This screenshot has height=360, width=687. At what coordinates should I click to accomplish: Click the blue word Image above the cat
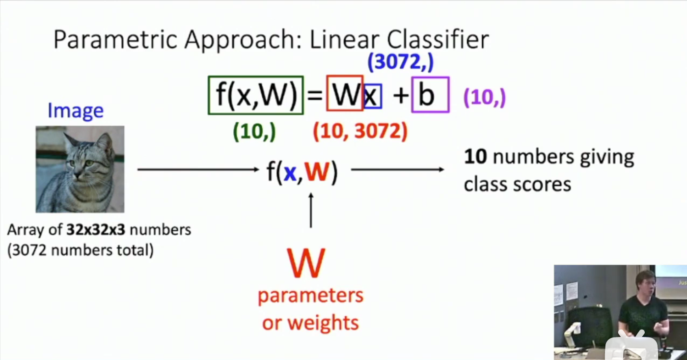75,111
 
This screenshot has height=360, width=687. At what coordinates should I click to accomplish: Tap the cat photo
80,169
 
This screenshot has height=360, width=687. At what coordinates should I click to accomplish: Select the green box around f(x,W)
256,95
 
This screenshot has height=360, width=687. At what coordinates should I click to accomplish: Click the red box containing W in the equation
345,95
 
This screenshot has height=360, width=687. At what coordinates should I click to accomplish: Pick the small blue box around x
372,96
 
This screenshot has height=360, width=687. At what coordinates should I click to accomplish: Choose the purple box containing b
430,95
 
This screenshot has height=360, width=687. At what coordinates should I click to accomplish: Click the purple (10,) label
484,98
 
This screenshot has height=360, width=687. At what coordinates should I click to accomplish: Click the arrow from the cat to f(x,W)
198,169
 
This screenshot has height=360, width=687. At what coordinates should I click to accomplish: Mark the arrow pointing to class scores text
397,169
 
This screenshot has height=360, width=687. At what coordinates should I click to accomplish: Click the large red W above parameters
306,263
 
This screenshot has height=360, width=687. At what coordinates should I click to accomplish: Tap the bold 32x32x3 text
93,229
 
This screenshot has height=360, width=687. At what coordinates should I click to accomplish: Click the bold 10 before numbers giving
475,157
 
